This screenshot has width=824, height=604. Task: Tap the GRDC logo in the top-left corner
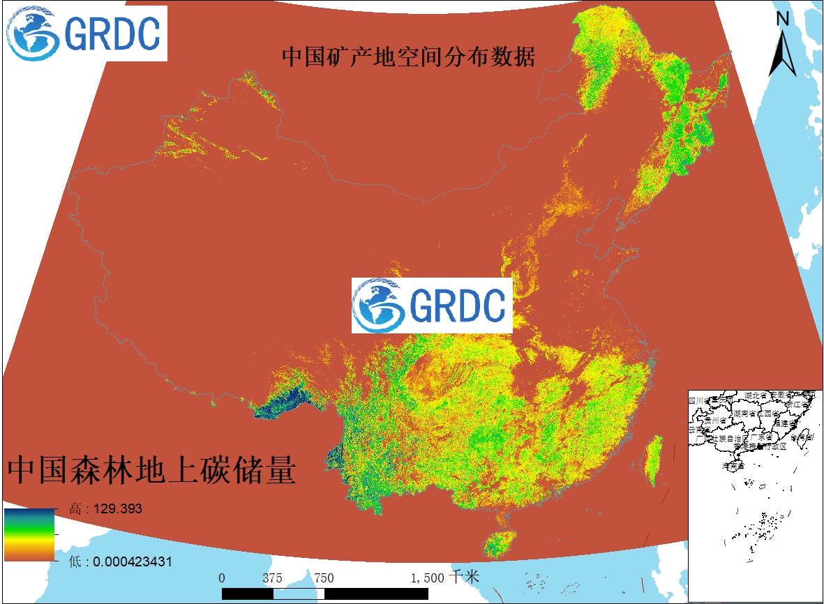[x=85, y=33]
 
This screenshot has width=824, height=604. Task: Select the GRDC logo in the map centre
[x=432, y=305]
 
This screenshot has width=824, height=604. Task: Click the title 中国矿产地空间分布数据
[x=408, y=57]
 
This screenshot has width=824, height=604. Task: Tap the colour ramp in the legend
[x=30, y=535]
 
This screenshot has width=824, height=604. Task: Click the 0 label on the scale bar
[x=222, y=577]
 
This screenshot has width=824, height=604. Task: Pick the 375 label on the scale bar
[x=272, y=577]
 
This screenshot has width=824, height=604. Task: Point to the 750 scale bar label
[x=324, y=577]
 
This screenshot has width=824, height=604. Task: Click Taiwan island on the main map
[x=652, y=460]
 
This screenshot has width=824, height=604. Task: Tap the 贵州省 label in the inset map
[x=715, y=421]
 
